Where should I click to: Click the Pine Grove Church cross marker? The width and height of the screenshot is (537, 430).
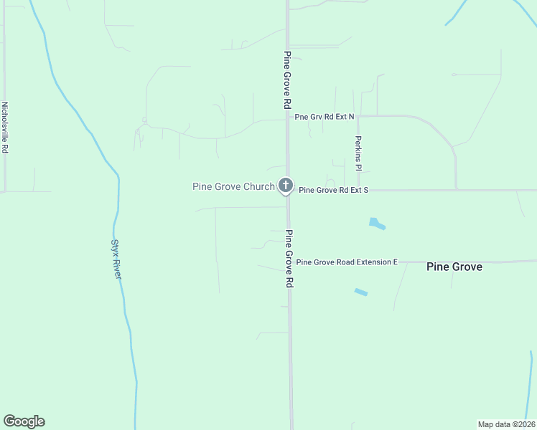(286, 186)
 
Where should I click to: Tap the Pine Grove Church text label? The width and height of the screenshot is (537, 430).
(233, 187)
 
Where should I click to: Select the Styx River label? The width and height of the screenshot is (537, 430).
(116, 259)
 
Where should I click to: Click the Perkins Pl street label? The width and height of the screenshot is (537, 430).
(358, 153)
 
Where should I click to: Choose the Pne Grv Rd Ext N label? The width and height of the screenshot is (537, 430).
(324, 116)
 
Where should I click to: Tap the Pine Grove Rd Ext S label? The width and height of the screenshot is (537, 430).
(333, 190)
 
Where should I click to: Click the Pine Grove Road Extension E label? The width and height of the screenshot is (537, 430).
(347, 262)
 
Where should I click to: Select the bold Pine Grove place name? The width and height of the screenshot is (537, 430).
(454, 267)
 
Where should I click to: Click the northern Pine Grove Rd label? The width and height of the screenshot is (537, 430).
(287, 80)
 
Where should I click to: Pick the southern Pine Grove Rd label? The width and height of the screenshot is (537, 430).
(289, 259)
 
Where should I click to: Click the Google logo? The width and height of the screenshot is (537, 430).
(24, 421)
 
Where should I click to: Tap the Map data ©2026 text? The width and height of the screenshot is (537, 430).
(506, 424)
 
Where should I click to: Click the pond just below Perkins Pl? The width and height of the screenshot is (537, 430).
(377, 224)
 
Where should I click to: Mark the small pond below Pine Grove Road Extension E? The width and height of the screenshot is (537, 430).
(360, 292)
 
